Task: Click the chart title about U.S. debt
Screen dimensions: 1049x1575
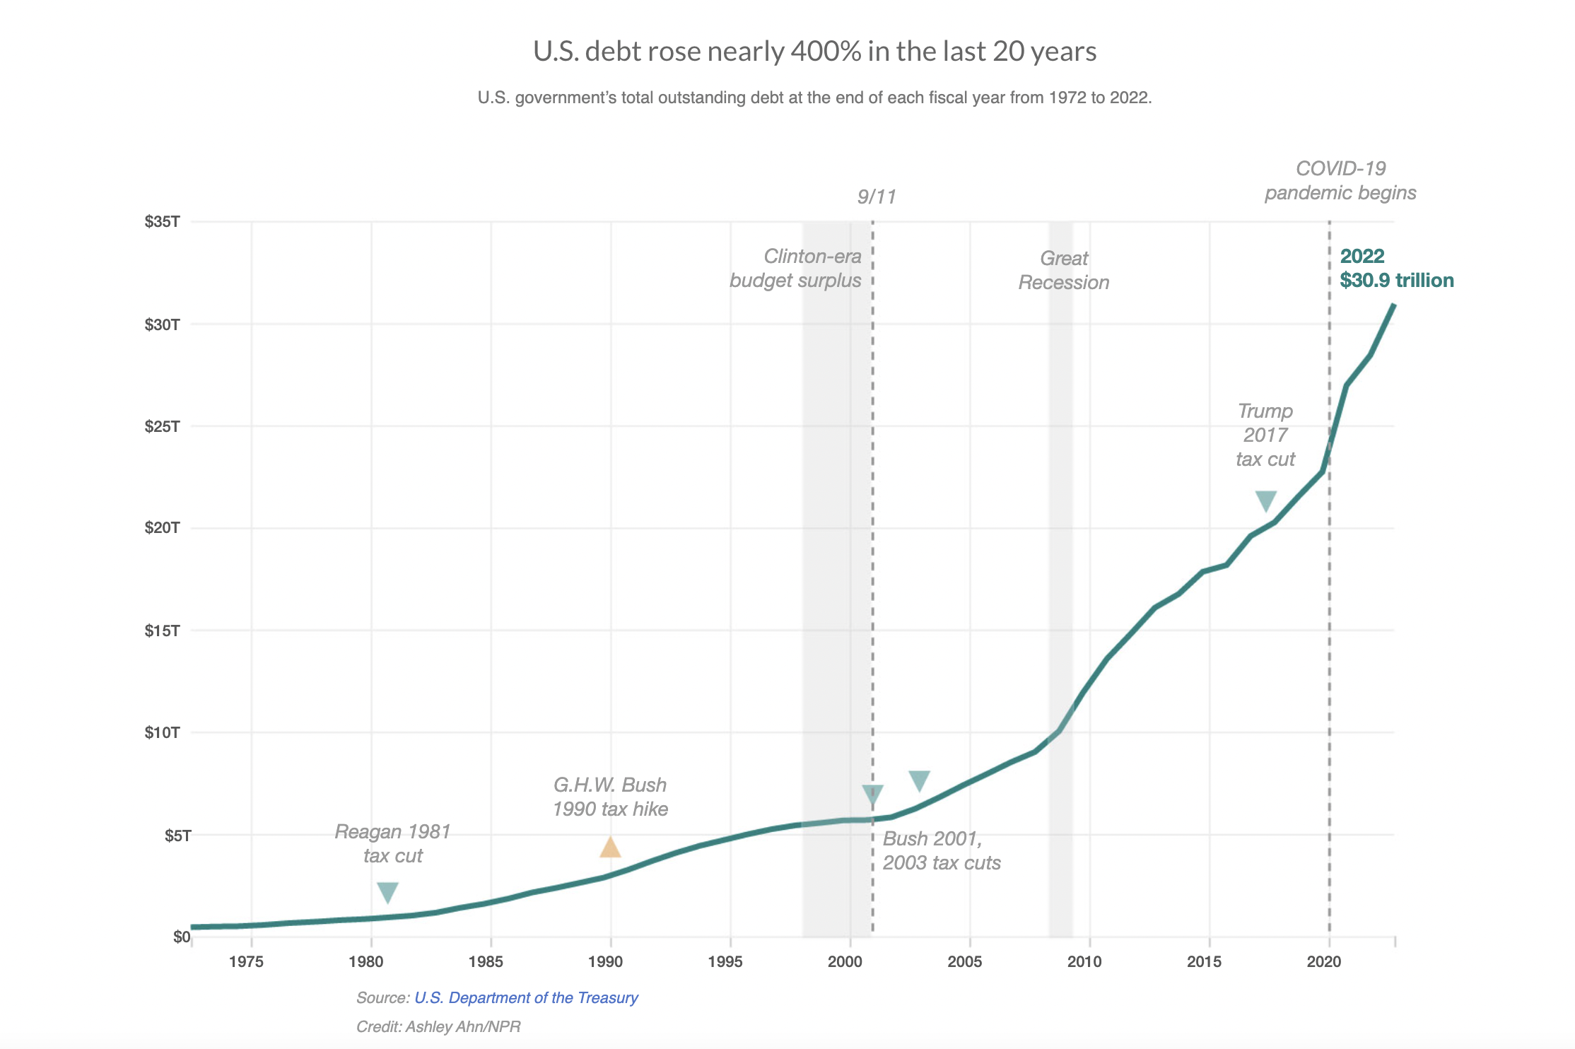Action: tap(814, 52)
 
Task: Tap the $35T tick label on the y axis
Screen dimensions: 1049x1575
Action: tap(162, 222)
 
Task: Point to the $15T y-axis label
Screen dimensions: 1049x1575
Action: tap(162, 631)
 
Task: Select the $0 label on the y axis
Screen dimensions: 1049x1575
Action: tap(181, 937)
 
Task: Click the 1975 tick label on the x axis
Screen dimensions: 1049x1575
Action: tap(246, 961)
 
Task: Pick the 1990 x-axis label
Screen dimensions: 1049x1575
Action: tap(605, 961)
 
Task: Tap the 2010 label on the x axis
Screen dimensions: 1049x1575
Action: tap(1084, 961)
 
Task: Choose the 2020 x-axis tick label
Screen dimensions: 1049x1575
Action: tap(1324, 961)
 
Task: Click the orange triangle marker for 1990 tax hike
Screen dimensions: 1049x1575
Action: tap(610, 847)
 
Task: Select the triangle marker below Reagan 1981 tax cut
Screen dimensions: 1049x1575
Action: tap(387, 892)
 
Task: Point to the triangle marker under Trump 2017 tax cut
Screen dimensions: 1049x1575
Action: tap(1265, 500)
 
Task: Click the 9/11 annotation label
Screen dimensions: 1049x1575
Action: tap(877, 197)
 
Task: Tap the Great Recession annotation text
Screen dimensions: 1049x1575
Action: tap(1063, 271)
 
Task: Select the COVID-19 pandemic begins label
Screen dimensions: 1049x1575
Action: tap(1340, 181)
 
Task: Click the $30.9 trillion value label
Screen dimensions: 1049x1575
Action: tap(1397, 281)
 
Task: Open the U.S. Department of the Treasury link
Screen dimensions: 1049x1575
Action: tap(526, 997)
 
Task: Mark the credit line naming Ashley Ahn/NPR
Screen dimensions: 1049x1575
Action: tap(438, 1026)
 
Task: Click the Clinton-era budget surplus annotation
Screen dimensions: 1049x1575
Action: tap(796, 269)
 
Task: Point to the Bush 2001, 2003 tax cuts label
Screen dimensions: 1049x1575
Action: tap(942, 851)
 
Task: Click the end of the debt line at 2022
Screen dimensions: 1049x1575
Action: tap(1393, 305)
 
